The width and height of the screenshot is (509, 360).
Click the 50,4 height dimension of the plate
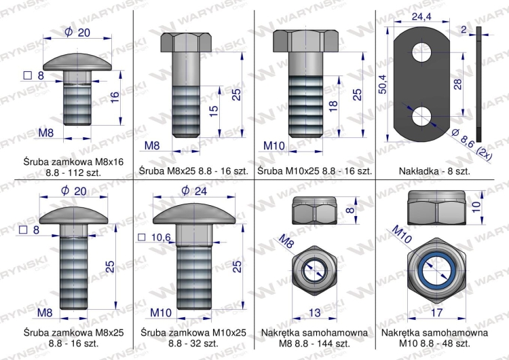tap(383, 84)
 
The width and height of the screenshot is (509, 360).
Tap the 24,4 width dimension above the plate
tap(421, 16)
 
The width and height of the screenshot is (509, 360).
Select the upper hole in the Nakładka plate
tap(421, 52)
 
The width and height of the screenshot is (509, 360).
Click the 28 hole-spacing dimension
tap(457, 84)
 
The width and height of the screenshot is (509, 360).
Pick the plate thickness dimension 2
tap(464, 30)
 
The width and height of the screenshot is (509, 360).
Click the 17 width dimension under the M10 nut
tap(437, 312)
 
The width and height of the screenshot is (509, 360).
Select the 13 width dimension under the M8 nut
tap(315, 312)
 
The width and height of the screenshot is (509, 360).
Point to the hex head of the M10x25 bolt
tap(305, 41)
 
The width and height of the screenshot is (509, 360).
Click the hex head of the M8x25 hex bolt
tap(186, 42)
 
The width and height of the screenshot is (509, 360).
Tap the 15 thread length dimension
tap(213, 111)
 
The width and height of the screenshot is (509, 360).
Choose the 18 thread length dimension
tap(333, 106)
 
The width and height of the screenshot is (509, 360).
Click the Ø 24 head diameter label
tap(194, 190)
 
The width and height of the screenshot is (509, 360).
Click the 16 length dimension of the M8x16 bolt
tap(115, 97)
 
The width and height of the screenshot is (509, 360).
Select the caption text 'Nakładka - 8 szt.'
tap(434, 171)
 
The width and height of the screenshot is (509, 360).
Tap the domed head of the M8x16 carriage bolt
tap(77, 62)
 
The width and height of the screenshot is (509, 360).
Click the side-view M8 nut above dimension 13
tap(315, 211)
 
